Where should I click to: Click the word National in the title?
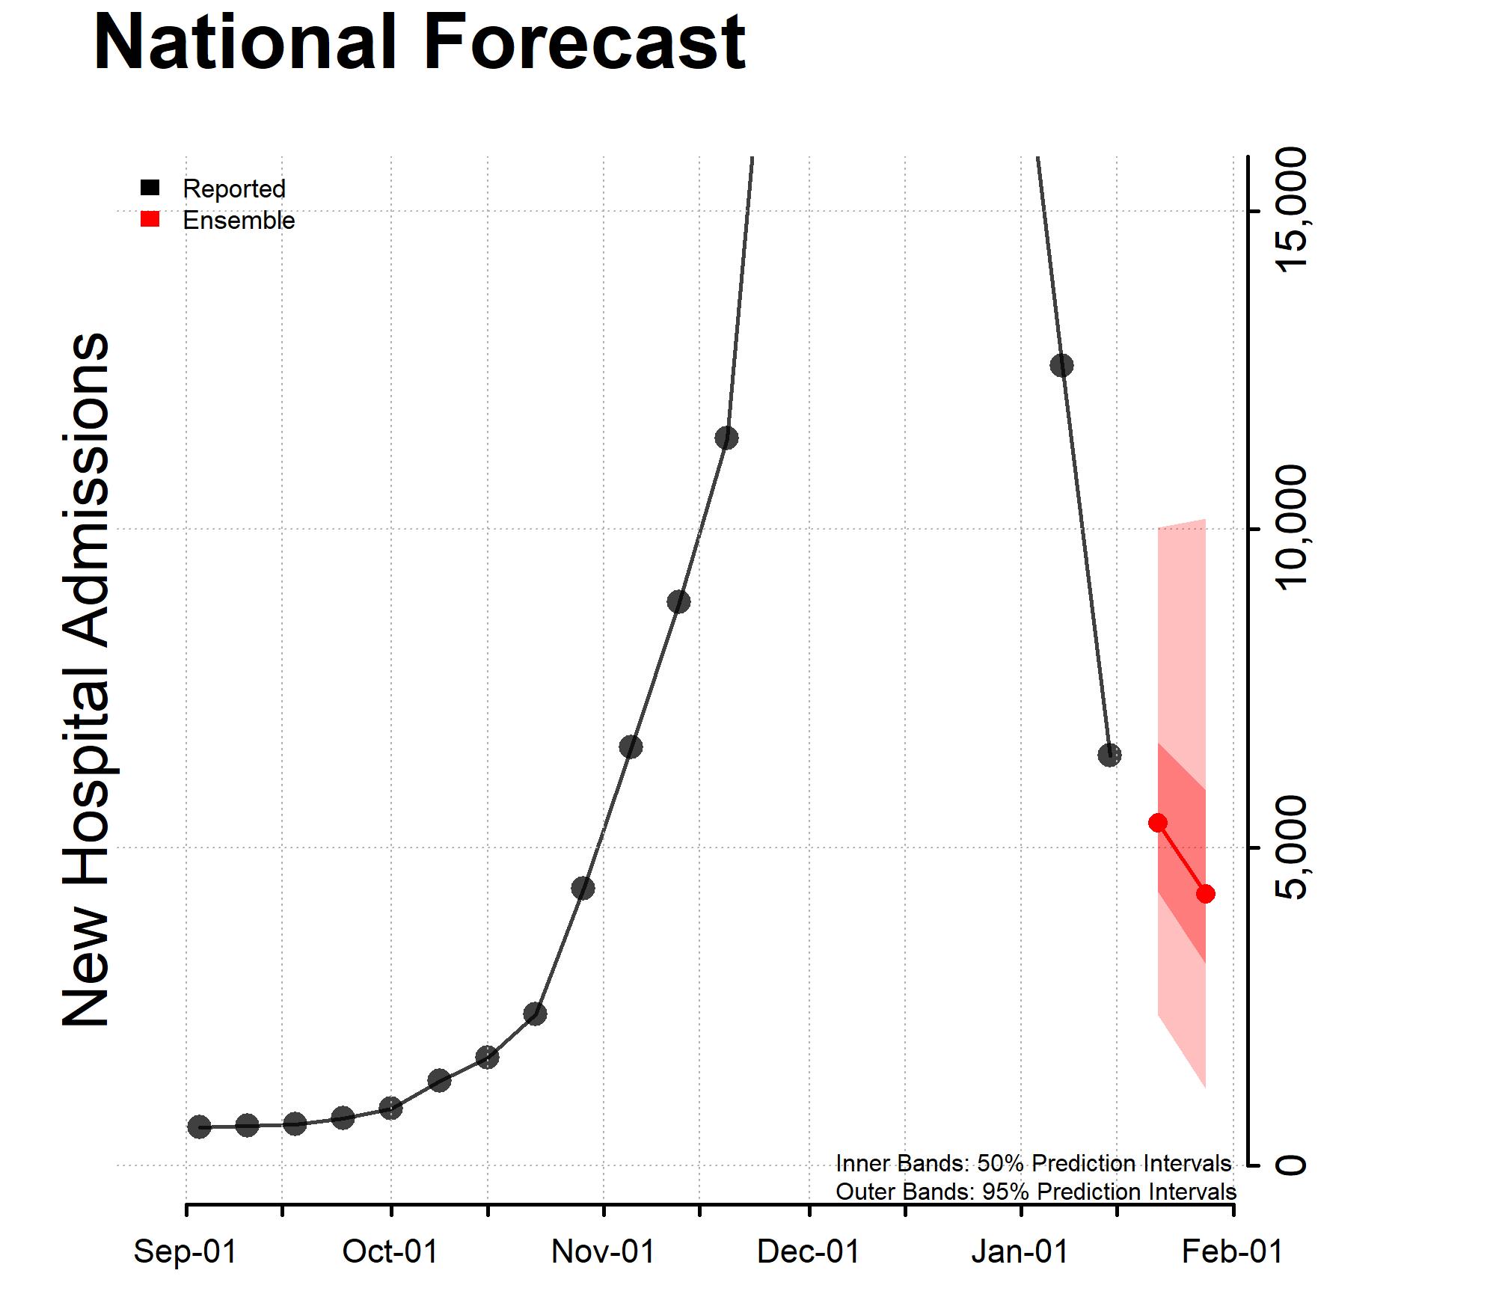point(245,43)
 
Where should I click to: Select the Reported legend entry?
point(233,188)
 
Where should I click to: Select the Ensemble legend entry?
point(238,221)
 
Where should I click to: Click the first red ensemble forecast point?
point(1158,823)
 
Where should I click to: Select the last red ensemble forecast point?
point(1205,894)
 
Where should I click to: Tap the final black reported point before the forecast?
point(1109,755)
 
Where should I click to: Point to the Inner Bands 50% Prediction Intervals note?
point(1033,1164)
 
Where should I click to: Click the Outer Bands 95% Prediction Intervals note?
point(1035,1192)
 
